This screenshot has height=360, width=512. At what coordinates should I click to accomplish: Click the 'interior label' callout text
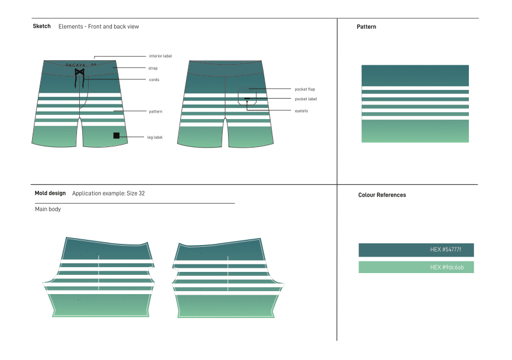160,56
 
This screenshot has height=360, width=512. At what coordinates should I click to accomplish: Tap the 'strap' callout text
153,68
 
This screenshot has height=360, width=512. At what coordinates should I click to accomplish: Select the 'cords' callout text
154,79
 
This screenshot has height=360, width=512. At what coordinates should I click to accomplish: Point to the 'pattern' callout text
155,111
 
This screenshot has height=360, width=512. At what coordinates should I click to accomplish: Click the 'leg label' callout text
155,137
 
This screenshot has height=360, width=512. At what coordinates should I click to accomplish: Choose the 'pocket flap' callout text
304,89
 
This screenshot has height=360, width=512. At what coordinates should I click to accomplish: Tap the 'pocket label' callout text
306,99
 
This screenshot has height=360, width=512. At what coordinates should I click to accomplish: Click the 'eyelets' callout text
301,110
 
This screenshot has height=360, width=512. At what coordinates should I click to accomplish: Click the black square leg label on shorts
117,135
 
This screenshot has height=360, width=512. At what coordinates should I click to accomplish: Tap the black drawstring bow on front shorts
79,72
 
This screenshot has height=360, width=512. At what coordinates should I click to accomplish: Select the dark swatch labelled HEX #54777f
416,250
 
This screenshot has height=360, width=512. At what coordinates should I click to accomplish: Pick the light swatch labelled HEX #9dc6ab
416,267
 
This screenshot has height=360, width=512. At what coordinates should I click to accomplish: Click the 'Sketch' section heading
41,26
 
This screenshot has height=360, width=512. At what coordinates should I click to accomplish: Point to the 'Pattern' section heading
366,27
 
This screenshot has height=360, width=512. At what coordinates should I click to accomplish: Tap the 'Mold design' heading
50,193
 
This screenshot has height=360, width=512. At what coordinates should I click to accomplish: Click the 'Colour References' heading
382,195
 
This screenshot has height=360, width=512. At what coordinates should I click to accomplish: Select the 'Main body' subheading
48,209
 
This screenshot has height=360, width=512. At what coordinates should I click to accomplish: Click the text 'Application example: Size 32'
108,193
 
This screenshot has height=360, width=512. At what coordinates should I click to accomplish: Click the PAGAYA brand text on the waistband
76,65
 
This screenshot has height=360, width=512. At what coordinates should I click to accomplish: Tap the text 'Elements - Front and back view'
99,26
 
